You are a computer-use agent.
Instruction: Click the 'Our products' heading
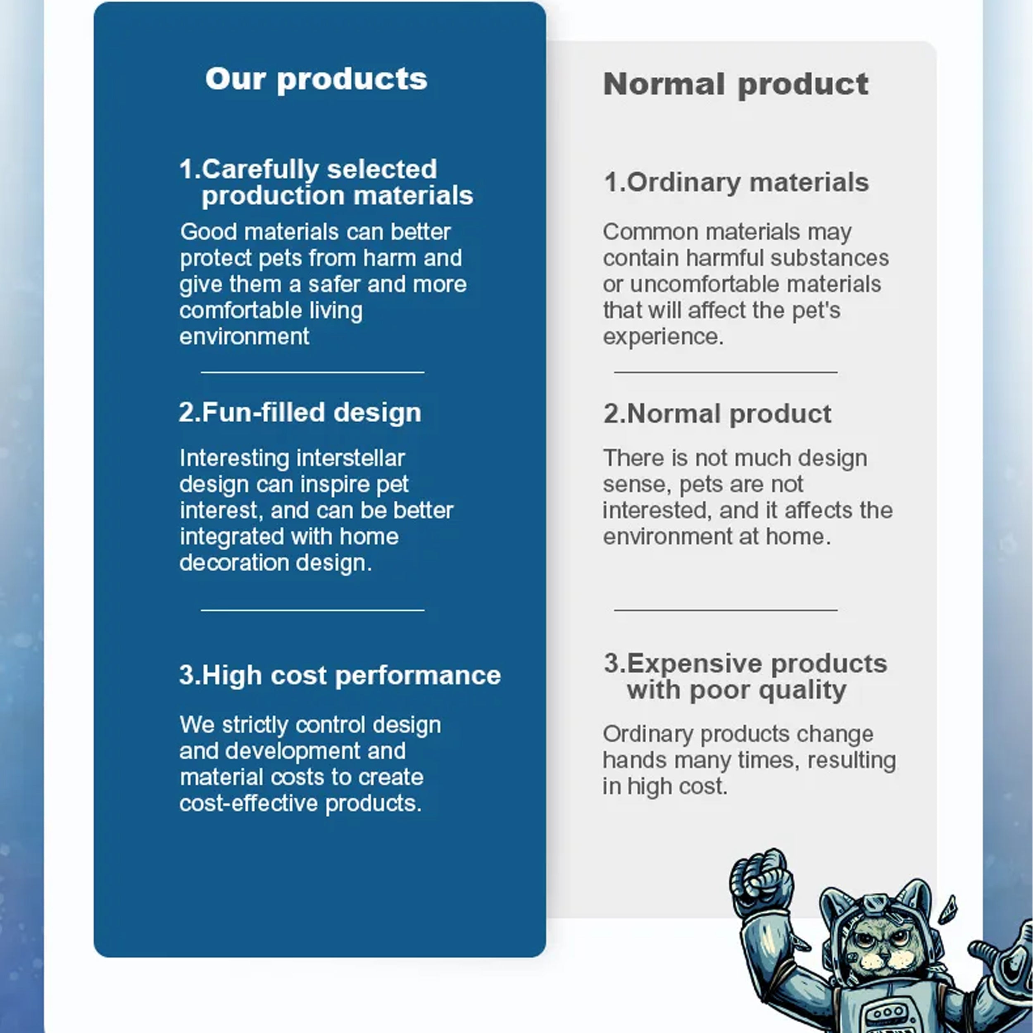tap(316, 80)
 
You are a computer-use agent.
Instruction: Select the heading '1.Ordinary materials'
tap(736, 182)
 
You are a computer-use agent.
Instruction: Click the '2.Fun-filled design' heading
tap(300, 412)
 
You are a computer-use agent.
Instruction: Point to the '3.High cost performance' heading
tap(340, 675)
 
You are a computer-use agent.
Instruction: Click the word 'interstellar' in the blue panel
tap(350, 458)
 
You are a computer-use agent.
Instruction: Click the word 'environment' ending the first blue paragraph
tap(244, 336)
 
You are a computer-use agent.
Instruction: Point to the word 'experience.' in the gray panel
tap(663, 337)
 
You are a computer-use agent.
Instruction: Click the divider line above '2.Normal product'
tap(726, 372)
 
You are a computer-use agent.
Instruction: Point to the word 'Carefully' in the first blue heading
tap(260, 169)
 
